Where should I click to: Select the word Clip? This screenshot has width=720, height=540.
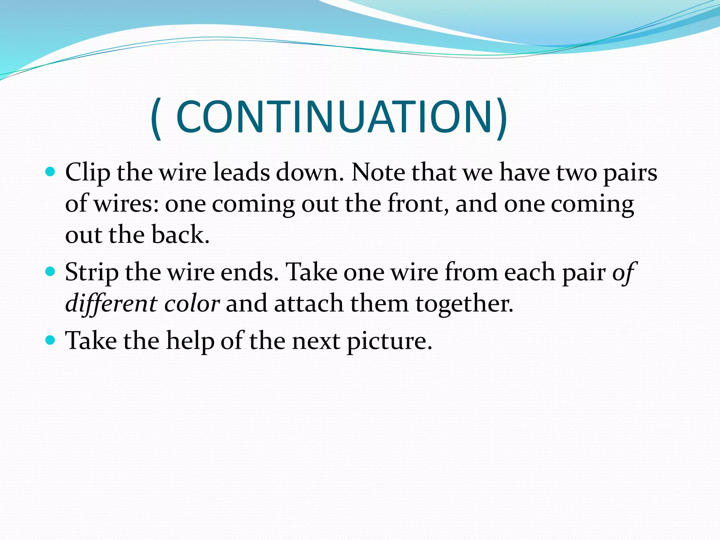click(88, 173)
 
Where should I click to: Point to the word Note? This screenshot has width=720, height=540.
click(378, 172)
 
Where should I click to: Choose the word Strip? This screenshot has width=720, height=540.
click(92, 272)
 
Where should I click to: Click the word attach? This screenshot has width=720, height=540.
click(308, 303)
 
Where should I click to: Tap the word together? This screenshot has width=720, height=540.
click(464, 304)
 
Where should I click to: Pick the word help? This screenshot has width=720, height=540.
click(190, 341)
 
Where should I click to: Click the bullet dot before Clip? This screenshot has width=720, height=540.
click(51, 172)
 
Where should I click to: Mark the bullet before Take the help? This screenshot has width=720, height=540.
click(51, 340)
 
